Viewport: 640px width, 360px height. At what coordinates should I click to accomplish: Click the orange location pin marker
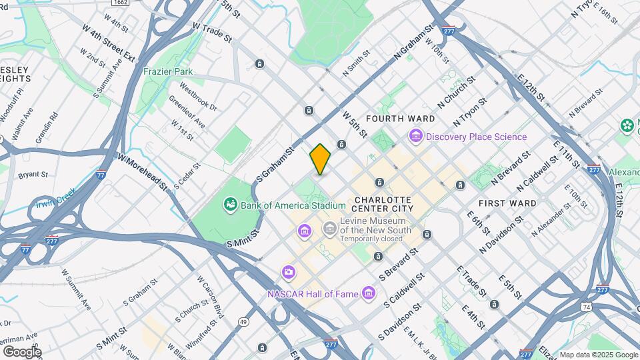point(320,159)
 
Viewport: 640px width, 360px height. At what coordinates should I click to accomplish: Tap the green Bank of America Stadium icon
point(231,204)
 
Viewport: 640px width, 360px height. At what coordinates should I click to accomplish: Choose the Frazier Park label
point(167,70)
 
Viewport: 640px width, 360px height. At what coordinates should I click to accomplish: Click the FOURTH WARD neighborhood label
point(400,119)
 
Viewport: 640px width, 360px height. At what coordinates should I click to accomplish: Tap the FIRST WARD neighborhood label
point(507,203)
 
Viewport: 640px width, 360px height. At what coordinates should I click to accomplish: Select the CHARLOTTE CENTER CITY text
point(384,204)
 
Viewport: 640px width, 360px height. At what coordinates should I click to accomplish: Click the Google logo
point(21,351)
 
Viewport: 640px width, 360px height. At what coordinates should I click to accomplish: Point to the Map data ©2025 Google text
point(598,355)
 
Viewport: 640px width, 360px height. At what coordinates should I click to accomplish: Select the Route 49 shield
point(243,322)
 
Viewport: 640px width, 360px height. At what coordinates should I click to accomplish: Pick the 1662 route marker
point(120,3)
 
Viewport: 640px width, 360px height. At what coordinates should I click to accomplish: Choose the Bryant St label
point(33,175)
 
